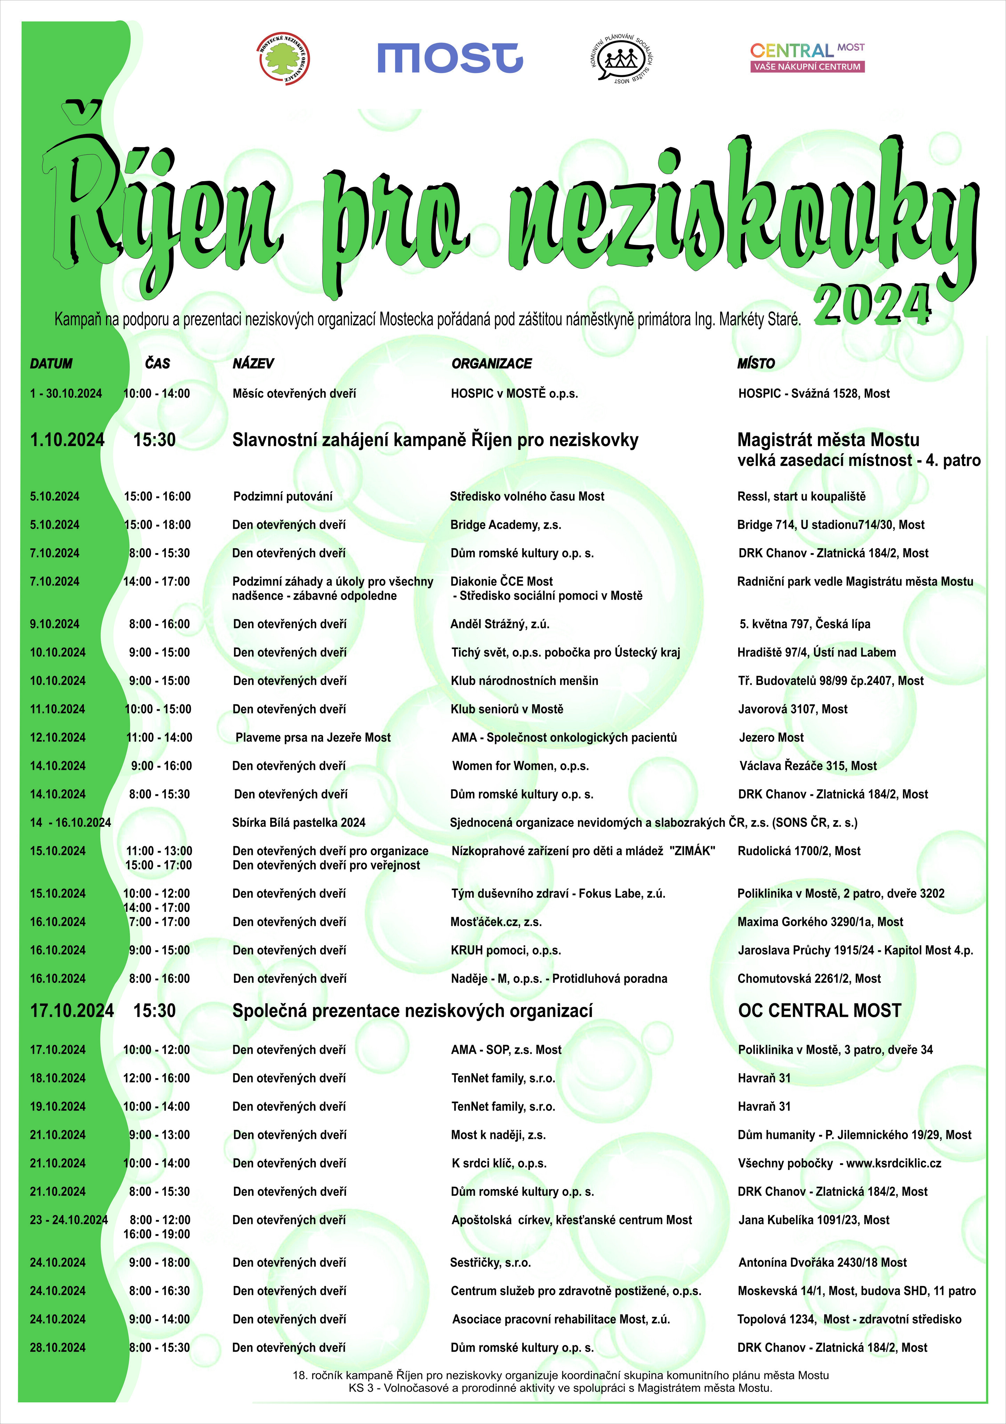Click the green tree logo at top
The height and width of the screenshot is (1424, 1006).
(283, 59)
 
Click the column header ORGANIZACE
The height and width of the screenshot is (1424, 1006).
(491, 363)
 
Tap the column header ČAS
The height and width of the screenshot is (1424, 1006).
(158, 363)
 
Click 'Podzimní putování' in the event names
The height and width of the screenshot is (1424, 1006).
(283, 496)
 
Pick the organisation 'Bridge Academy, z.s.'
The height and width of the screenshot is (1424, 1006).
(506, 525)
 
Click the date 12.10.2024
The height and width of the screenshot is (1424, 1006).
(58, 737)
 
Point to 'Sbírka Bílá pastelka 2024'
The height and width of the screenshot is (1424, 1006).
(299, 823)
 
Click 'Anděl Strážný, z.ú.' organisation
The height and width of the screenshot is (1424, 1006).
(500, 624)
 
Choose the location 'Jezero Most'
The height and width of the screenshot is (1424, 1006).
(771, 737)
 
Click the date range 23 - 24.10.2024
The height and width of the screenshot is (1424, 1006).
(69, 1220)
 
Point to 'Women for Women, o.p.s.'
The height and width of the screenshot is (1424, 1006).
(520, 766)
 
